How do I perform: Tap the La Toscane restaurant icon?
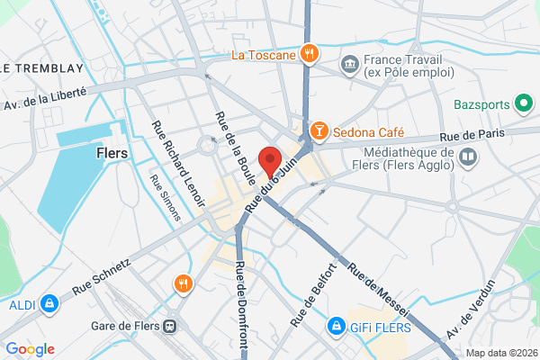click(308, 53)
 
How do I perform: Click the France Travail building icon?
click(349, 64)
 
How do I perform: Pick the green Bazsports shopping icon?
click(522, 104)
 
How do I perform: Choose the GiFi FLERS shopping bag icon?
click(335, 324)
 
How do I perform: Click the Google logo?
click(30, 349)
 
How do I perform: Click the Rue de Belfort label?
click(312, 294)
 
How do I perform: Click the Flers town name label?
click(112, 153)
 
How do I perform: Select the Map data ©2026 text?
click(499, 352)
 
